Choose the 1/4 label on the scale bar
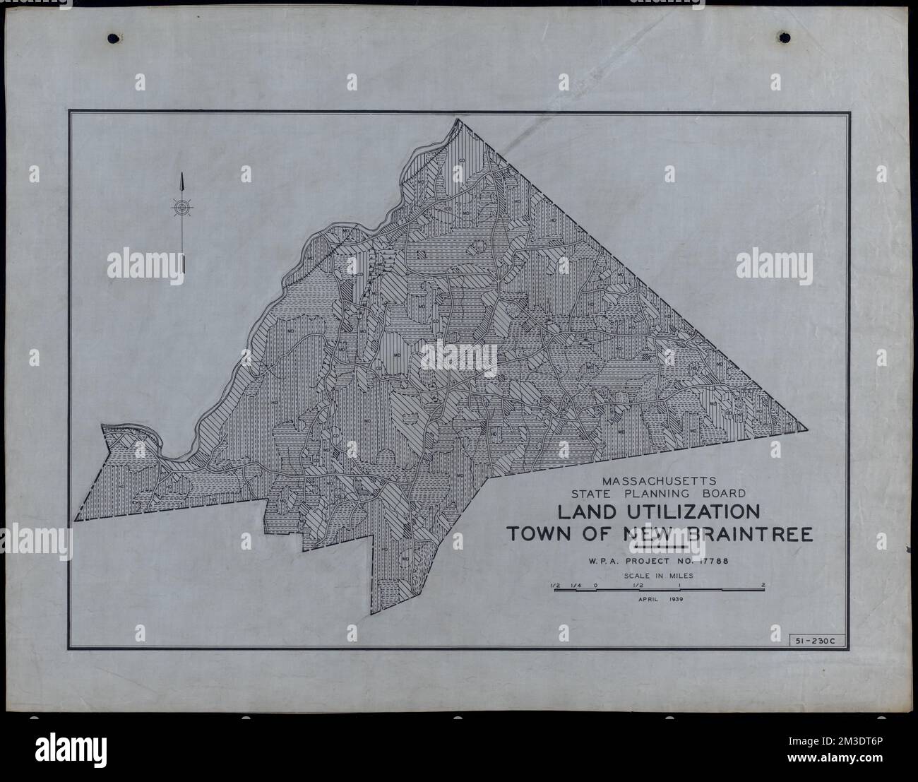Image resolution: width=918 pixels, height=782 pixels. (576, 585)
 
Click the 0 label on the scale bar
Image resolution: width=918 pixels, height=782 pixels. (597, 585)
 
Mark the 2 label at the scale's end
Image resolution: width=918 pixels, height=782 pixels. (763, 585)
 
